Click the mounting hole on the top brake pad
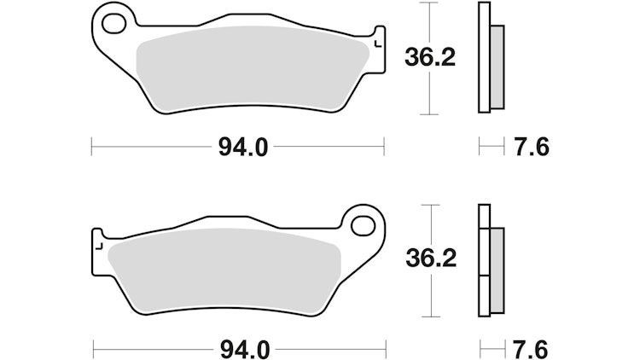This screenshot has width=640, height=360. [x=115, y=19]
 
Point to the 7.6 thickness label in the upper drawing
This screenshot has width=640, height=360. [x=532, y=148]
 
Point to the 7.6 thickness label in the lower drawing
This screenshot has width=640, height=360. [x=532, y=349]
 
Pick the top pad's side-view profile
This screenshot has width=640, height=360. [x=486, y=57]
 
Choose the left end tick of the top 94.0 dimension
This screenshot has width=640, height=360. [x=91, y=147]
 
